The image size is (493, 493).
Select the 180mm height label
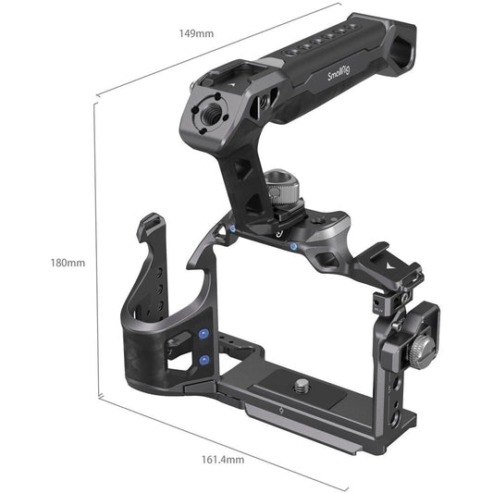click(x=68, y=263)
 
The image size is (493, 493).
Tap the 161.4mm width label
click(x=224, y=459)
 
